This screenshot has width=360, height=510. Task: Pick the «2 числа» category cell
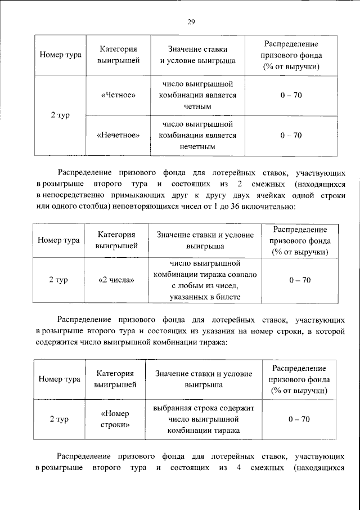(x=116, y=280)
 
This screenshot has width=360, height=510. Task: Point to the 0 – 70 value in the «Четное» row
(x=291, y=95)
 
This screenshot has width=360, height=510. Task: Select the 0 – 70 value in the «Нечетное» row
(x=291, y=135)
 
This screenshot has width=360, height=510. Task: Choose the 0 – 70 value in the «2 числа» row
(x=299, y=280)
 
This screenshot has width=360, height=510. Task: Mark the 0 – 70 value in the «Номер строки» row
(x=299, y=419)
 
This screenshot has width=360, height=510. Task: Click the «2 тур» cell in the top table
(x=60, y=115)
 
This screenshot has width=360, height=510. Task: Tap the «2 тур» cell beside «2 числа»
(x=58, y=280)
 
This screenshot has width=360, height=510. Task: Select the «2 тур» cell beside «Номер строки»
(x=58, y=419)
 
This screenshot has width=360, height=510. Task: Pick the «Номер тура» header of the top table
(x=60, y=55)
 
